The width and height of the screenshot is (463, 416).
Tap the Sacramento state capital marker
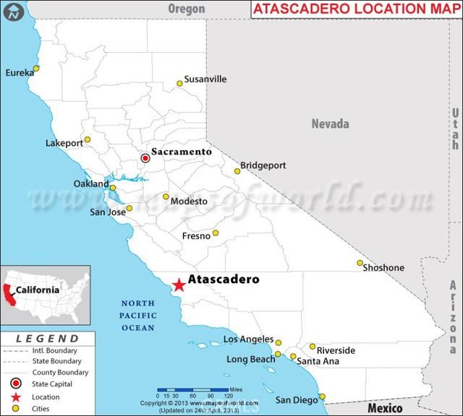point(145,157)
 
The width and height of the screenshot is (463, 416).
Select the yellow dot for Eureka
point(36,69)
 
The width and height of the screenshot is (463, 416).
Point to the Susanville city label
point(205,79)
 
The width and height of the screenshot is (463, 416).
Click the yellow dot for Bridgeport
point(237,171)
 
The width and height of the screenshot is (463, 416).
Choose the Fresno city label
point(196,235)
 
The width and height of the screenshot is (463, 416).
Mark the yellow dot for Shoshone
point(360,263)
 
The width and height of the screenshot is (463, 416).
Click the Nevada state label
point(330,123)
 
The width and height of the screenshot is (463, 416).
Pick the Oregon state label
point(186,9)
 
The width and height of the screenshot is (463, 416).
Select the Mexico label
point(384,408)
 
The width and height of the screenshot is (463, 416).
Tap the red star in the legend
point(15,396)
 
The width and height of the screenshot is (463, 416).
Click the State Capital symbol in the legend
point(15,384)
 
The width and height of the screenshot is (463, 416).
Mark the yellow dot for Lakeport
point(88,140)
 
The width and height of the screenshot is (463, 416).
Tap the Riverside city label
point(336,350)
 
